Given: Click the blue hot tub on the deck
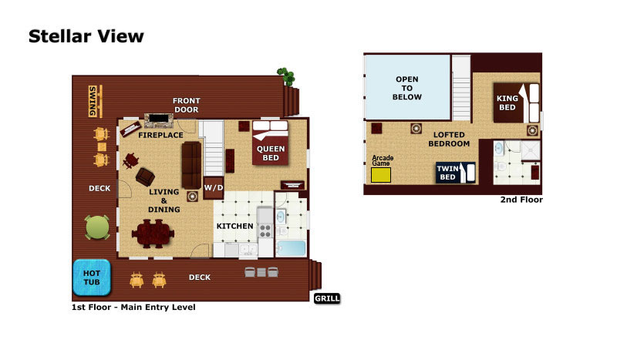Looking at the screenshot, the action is click(x=92, y=278).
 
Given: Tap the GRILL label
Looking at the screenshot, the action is click(x=327, y=298).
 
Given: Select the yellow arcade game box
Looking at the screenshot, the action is click(x=381, y=175).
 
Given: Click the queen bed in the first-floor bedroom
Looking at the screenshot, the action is click(x=271, y=143).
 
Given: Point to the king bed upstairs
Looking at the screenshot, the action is click(x=516, y=103).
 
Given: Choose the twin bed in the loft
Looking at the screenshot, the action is click(x=455, y=173).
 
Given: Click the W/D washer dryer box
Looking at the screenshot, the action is click(x=214, y=187).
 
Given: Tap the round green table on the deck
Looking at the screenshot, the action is click(x=97, y=227).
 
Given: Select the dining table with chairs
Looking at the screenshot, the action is click(x=153, y=234).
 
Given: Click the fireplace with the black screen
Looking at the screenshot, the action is click(x=159, y=120).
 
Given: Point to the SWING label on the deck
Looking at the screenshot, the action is click(x=93, y=101).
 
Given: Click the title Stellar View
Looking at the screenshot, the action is click(x=86, y=36).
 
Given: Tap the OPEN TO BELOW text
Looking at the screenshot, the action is click(x=407, y=88).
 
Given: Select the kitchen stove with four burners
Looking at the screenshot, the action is click(x=265, y=230).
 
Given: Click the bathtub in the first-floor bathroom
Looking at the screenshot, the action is click(x=292, y=249).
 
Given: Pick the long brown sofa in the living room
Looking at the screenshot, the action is click(x=191, y=165).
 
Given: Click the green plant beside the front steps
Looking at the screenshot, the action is click(x=286, y=76).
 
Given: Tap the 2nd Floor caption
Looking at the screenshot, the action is click(x=521, y=200).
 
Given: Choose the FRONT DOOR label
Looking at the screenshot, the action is click(x=187, y=105).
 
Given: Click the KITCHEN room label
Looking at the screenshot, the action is click(x=235, y=226).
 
